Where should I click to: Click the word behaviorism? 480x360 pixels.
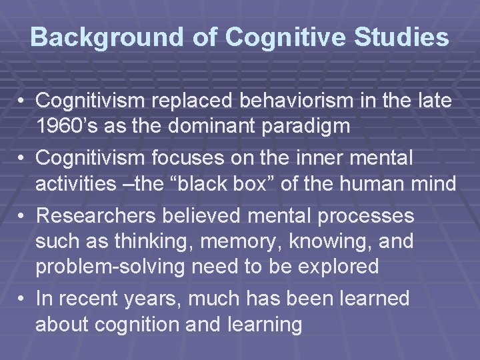[x=297, y=101]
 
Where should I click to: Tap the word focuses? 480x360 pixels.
[x=172, y=159]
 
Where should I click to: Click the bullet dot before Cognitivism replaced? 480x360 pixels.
[x=22, y=102]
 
